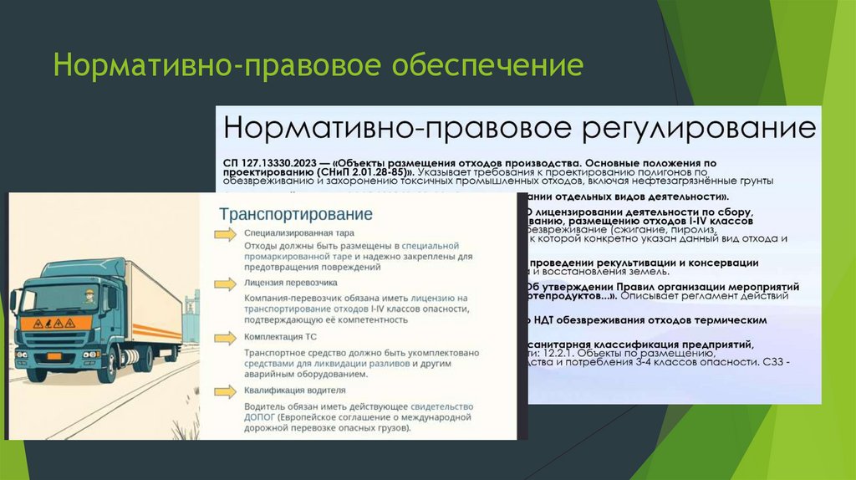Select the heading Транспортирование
pos(296,214)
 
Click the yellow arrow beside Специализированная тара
pos(227,235)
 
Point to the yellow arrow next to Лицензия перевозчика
pos(227,284)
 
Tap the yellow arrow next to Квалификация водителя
pos(227,390)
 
